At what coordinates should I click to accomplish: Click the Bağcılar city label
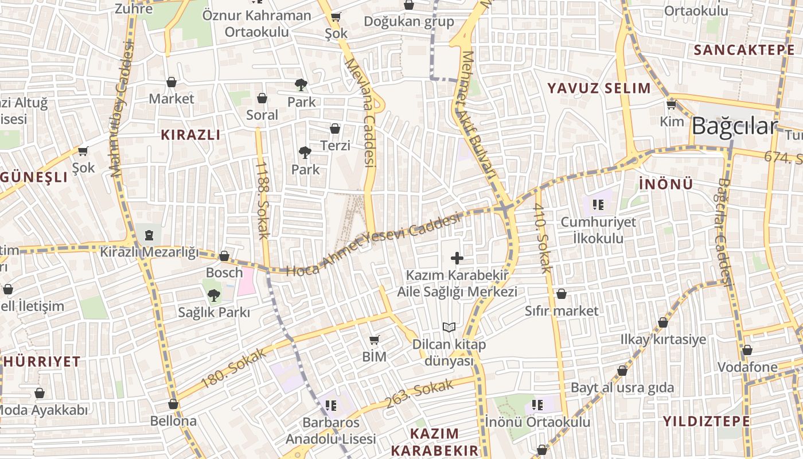pyautogui.click(x=734, y=126)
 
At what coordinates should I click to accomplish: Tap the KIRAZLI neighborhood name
pyautogui.click(x=190, y=135)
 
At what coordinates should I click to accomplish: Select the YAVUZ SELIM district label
pyautogui.click(x=599, y=88)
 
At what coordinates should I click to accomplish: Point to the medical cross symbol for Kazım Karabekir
pyautogui.click(x=457, y=258)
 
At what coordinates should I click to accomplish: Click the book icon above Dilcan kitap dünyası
pyautogui.click(x=449, y=327)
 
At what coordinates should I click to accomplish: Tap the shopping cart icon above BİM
pyautogui.click(x=375, y=340)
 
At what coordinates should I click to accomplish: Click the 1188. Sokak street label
pyautogui.click(x=263, y=200)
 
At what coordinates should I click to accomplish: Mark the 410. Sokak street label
pyautogui.click(x=542, y=238)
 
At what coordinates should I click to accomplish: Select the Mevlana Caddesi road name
pyautogui.click(x=360, y=112)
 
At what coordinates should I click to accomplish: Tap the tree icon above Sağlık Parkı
pyautogui.click(x=213, y=295)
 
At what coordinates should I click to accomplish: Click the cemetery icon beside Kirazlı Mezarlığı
pyautogui.click(x=149, y=234)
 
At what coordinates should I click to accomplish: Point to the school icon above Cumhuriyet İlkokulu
pyautogui.click(x=599, y=204)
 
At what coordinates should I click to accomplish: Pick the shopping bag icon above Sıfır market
pyautogui.click(x=562, y=294)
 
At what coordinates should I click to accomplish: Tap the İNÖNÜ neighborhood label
pyautogui.click(x=665, y=184)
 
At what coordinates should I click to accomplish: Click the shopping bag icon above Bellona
pyautogui.click(x=173, y=404)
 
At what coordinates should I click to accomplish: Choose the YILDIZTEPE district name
pyautogui.click(x=706, y=421)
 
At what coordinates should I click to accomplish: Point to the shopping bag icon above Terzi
pyautogui.click(x=335, y=129)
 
